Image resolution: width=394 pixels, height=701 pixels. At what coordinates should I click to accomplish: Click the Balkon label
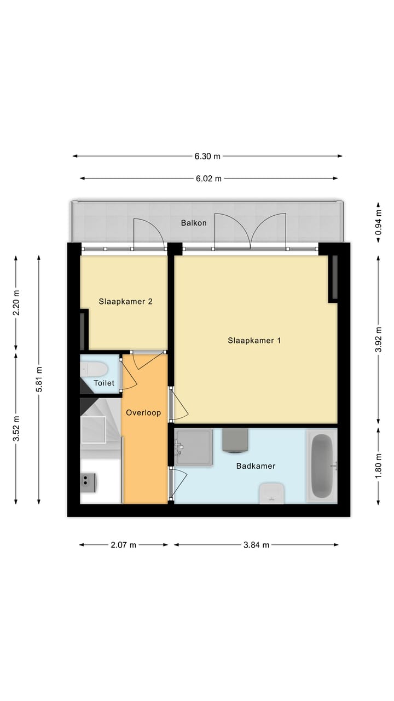194,223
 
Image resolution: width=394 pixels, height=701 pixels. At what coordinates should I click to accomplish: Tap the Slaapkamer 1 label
254,340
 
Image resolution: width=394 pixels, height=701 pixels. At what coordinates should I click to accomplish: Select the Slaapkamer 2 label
125,301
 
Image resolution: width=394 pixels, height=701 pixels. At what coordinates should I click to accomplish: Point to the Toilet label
104,383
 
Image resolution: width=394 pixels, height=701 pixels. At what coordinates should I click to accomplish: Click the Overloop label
143,412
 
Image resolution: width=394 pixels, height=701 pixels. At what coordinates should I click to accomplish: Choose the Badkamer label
256,466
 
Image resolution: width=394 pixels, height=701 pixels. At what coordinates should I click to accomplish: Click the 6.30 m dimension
207,156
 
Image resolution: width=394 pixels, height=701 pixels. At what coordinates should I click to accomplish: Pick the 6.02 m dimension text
208,178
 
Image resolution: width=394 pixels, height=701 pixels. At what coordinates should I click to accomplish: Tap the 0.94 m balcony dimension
378,222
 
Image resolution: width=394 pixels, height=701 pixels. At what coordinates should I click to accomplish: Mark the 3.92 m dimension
378,340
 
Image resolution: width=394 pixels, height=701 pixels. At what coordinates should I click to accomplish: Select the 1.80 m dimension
378,466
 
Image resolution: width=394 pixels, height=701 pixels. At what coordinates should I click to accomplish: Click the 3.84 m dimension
256,545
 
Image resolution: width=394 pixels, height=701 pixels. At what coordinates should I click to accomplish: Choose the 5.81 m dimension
39,379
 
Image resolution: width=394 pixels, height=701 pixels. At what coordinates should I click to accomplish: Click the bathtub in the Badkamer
322,466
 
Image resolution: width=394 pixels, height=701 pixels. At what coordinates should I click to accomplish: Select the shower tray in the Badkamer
194,447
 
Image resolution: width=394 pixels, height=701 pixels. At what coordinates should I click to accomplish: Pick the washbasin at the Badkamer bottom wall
271,492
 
